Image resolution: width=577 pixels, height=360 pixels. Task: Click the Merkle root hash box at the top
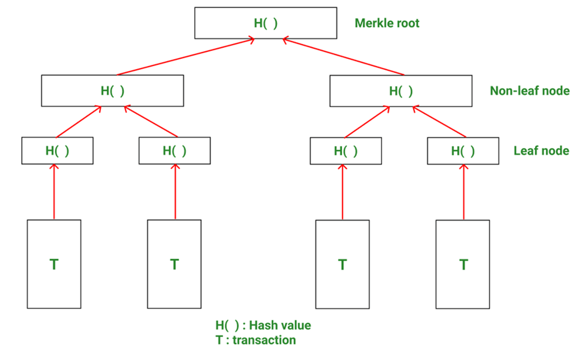click(x=266, y=23)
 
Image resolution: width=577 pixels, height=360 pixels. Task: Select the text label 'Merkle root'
click(x=387, y=23)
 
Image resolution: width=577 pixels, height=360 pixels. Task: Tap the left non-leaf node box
click(x=112, y=91)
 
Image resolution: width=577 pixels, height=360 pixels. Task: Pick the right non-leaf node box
click(x=400, y=91)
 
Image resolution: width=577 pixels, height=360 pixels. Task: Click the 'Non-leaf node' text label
click(x=530, y=91)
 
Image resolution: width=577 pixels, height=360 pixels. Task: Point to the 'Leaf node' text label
click(x=541, y=151)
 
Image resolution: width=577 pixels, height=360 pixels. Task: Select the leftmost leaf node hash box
click(x=57, y=151)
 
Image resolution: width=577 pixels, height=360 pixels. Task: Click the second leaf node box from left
click(x=174, y=151)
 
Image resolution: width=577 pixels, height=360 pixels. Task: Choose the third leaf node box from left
click(x=346, y=151)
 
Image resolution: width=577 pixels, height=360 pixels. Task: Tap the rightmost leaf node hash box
click(x=463, y=151)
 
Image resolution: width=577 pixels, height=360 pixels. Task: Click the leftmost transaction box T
click(x=54, y=264)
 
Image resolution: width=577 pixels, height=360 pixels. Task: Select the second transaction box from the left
click(x=174, y=264)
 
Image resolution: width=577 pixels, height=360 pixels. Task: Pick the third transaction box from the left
click(x=342, y=264)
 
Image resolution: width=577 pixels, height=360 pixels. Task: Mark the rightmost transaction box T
click(x=463, y=264)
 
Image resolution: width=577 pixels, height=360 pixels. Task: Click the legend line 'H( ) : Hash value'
click(x=263, y=325)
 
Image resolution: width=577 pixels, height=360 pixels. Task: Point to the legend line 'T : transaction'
click(x=256, y=340)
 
